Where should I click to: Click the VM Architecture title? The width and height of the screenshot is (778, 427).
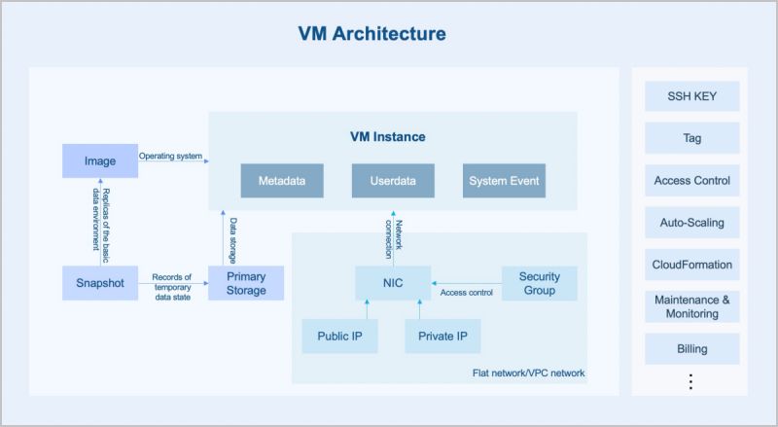coord(371,34)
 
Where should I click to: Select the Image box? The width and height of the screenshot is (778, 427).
coord(100,160)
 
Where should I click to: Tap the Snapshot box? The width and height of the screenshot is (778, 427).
coord(100,283)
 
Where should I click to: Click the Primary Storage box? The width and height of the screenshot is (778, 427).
coord(246,283)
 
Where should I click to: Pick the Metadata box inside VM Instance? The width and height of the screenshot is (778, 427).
coord(282,181)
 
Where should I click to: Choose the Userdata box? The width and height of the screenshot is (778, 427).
coord(393,181)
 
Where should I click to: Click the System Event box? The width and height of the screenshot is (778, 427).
coord(504,181)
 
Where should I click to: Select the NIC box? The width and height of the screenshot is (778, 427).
coord(393,283)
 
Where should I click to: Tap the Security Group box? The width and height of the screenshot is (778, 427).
coord(539,283)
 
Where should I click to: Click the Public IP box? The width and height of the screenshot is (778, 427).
coord(339,336)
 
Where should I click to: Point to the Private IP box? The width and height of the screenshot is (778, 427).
coord(442,336)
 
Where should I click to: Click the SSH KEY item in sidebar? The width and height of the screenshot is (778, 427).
coord(691,96)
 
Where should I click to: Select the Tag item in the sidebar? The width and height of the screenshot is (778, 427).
coord(691,138)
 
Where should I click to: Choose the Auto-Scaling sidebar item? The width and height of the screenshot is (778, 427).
coord(691,223)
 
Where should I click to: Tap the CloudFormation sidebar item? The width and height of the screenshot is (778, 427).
coord(691,265)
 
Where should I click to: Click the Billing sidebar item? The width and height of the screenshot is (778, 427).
coord(691,348)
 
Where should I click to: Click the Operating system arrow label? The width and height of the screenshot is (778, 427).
coord(171,156)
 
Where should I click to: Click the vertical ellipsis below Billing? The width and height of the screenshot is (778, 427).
coord(691,381)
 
